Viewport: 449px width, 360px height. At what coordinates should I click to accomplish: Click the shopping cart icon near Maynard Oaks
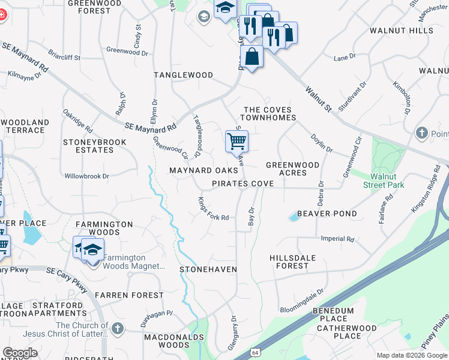tap(237, 142)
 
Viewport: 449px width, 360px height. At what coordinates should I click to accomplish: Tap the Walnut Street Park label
tap(383, 181)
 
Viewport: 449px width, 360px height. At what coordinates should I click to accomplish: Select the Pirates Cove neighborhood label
tap(243, 184)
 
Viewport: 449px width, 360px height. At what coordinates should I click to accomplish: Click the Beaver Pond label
tap(327, 214)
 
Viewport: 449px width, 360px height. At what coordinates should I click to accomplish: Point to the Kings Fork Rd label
tap(212, 209)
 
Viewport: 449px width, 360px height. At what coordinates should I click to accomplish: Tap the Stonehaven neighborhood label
tap(208, 270)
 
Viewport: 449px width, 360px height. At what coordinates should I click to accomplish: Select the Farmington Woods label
tap(104, 229)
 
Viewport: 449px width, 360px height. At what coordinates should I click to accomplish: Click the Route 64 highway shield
tap(256, 352)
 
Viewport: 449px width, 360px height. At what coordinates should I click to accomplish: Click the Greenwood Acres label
tap(292, 169)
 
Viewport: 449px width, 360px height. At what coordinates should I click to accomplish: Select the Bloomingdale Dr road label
tap(301, 303)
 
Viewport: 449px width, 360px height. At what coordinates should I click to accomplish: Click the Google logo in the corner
tap(20, 353)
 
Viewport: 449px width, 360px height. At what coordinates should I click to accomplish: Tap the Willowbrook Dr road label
tap(87, 176)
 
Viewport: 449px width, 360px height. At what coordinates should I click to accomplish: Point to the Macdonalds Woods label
tap(166, 341)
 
